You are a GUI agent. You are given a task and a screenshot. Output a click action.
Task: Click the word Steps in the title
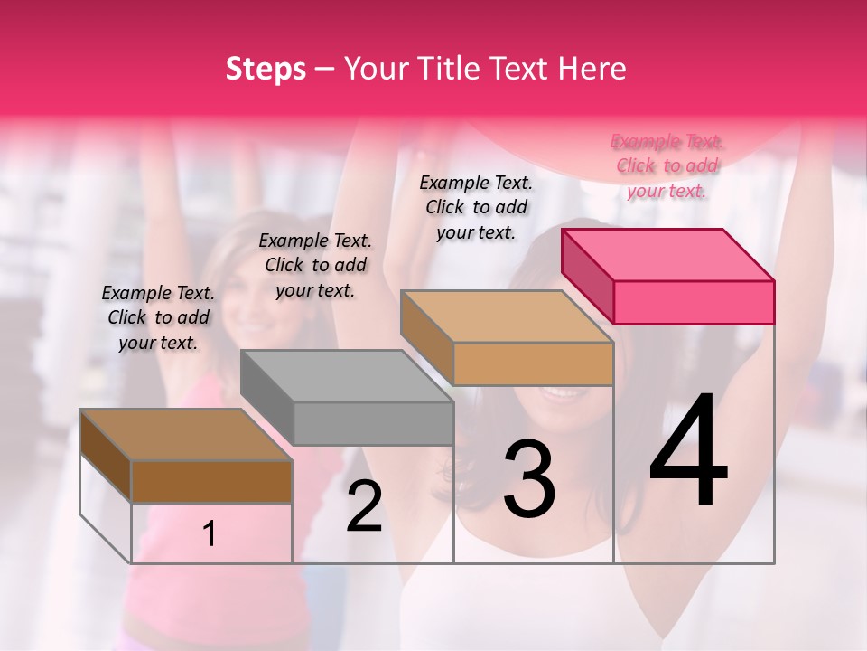266,69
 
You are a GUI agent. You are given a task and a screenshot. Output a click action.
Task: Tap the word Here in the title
589,69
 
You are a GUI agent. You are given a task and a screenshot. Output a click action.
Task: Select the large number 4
688,452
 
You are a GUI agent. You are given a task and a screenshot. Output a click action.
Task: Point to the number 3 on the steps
529,479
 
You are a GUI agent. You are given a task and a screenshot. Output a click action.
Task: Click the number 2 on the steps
364,506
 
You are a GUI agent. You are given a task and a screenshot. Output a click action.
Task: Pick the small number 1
210,534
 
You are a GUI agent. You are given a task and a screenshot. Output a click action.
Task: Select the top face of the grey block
347,376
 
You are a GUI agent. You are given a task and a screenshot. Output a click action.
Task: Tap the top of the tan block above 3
508,316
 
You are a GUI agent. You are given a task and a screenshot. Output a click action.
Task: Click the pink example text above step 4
667,166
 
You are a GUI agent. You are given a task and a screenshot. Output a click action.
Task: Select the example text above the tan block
476,207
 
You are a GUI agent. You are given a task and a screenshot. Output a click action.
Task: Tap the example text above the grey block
315,265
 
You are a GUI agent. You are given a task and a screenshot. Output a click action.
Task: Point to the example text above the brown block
158,317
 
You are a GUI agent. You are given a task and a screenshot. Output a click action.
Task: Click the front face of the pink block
694,302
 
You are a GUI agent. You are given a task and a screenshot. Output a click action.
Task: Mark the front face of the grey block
373,423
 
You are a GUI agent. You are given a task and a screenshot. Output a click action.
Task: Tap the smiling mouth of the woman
564,394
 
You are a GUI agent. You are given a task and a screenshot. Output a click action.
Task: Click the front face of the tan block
533,363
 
